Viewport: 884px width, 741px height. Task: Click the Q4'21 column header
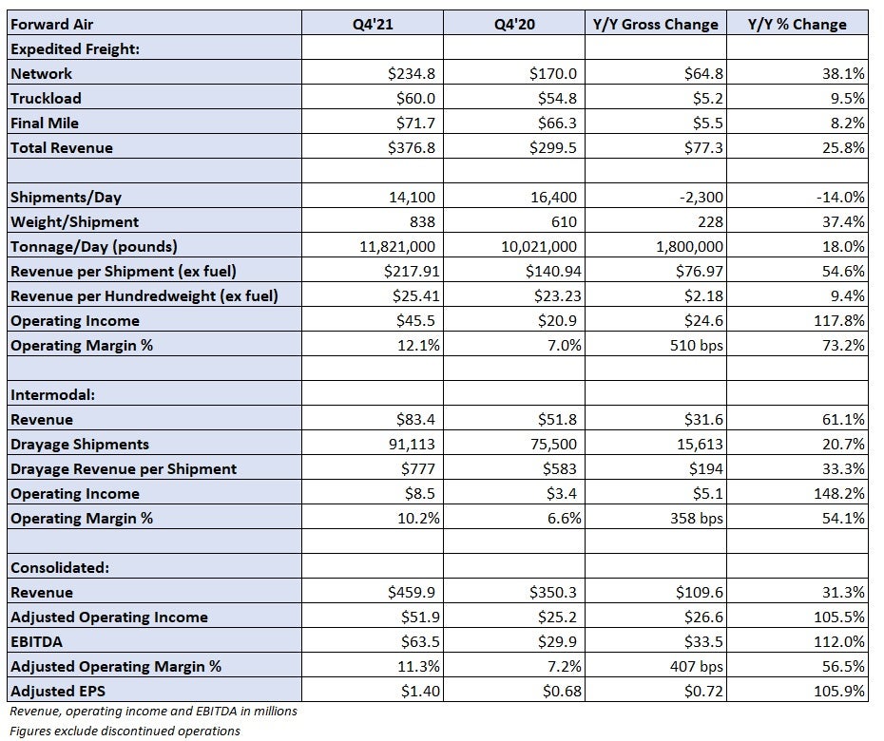373,25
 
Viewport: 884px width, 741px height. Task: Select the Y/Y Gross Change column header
656,25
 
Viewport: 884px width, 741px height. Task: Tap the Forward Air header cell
52,25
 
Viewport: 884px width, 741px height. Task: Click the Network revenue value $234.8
412,73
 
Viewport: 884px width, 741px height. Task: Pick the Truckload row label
46,98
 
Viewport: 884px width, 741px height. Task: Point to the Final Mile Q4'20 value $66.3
557,123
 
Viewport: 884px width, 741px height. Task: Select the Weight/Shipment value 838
422,221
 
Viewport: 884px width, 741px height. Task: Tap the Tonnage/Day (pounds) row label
93,246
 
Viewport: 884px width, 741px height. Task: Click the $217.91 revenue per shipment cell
412,271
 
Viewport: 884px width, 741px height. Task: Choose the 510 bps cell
696,345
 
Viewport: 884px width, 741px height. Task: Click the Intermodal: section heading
52,394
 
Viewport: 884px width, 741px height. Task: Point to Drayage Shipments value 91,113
413,444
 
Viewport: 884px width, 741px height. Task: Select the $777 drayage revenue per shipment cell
418,469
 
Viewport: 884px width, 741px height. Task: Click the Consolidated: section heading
60,567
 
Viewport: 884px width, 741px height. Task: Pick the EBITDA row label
36,642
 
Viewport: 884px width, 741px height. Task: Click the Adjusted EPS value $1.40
420,691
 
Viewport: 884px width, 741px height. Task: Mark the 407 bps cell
696,666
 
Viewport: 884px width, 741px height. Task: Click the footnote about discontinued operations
125,731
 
